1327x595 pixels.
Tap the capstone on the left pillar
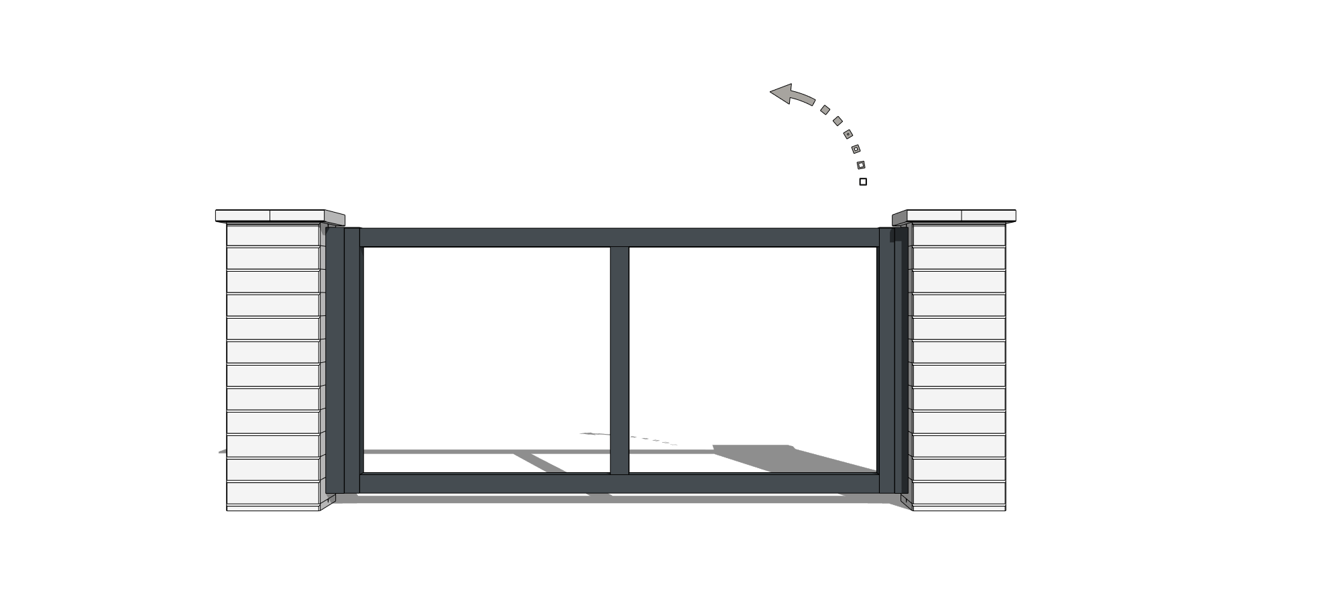275,216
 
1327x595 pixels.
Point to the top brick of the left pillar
273,235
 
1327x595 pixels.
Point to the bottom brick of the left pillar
273,496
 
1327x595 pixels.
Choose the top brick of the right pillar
959,235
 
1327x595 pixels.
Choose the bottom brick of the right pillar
959,496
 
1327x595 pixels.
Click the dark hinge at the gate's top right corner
895,235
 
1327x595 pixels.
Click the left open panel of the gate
486,349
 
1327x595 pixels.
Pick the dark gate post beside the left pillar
335,362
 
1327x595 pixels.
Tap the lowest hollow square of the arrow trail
861,165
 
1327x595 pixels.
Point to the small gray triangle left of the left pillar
223,451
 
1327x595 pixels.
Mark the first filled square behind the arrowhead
825,110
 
